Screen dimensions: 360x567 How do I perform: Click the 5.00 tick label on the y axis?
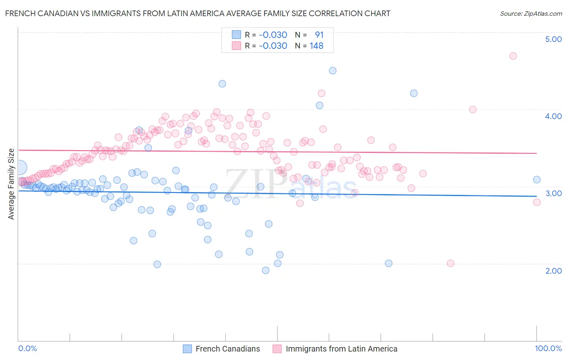pos(553,39)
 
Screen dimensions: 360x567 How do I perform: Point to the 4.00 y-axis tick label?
pos(553,116)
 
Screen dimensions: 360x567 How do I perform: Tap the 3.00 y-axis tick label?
pos(553,193)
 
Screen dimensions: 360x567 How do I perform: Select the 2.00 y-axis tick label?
pos(553,271)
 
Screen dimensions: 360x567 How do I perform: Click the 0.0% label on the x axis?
pos(27,348)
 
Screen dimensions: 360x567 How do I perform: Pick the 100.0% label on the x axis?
pos(548,348)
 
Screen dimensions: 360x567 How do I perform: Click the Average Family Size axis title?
pos(11,184)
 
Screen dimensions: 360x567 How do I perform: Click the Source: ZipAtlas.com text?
pos(531,13)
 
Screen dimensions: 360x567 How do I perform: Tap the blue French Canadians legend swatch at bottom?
pos(187,349)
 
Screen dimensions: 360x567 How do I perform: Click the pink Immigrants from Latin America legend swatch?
pos(277,349)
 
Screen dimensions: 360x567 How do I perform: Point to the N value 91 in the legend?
pos(319,35)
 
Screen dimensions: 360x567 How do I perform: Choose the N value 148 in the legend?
pos(317,46)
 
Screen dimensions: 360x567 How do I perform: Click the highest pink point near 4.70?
pos(513,56)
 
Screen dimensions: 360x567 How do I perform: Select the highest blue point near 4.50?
pos(333,71)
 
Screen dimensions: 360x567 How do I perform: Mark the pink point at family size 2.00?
pos(450,263)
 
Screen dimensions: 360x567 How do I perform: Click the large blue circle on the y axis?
pos(19,167)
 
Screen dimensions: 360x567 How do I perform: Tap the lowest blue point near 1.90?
pos(265,270)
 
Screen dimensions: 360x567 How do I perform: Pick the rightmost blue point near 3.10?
pos(537,180)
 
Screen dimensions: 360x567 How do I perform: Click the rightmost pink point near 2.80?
pos(537,202)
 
